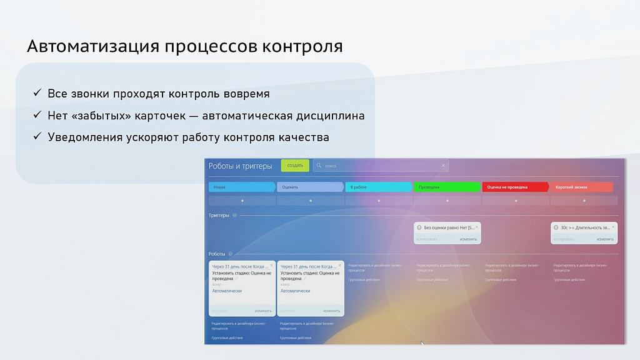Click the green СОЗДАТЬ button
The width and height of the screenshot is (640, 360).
(x=295, y=166)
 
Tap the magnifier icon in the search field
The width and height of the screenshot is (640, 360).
(x=319, y=166)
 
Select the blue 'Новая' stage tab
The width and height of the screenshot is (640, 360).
(x=241, y=187)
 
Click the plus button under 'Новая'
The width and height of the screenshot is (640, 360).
(x=242, y=201)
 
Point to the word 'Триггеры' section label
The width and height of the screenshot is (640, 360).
(x=219, y=216)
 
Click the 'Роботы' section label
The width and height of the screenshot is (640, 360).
(x=217, y=254)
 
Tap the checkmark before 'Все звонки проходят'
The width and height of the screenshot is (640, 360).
(x=37, y=94)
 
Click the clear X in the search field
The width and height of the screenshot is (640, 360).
(x=444, y=166)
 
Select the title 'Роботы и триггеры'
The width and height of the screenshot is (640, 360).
(x=241, y=166)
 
